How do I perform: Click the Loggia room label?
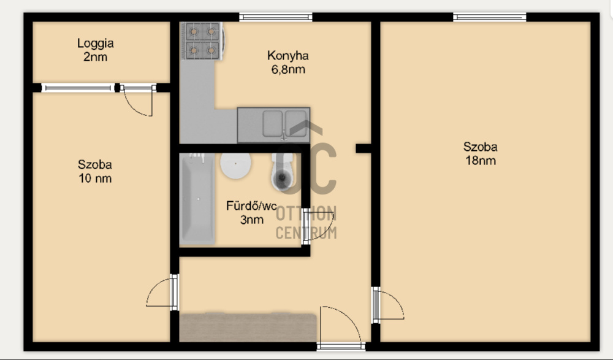pos(96,43)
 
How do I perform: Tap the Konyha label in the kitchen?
pos(288,56)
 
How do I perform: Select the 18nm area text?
pos(481,161)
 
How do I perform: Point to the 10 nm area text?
pos(95,178)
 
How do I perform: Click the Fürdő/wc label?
pos(251,206)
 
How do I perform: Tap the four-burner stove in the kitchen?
pos(202,40)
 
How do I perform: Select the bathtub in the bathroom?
pos(197,199)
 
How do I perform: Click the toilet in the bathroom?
pos(282,172)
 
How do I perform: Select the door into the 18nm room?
pos(388,305)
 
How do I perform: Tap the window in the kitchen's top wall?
pos(276,17)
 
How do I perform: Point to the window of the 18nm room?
pos(489,17)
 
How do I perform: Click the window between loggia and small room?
pos(78,88)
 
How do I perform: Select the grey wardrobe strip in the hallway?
pos(248,327)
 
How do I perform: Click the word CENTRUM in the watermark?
pos(306,233)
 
